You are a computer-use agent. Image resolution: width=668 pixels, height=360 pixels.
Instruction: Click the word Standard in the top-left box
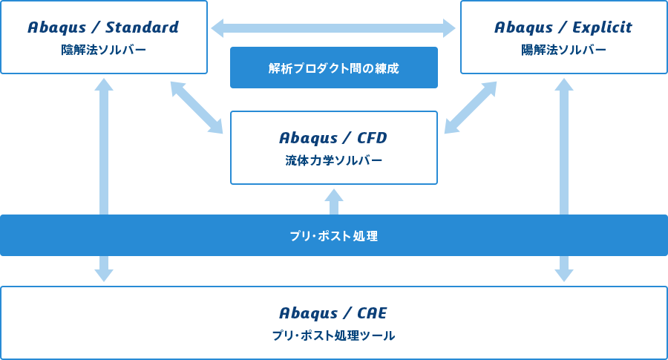point(143,27)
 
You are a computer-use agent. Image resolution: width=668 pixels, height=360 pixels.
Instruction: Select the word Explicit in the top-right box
point(602,27)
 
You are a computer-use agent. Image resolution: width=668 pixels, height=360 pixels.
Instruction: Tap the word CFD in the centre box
point(372,138)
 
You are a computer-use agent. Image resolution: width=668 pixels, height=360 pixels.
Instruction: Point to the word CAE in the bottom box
point(372,313)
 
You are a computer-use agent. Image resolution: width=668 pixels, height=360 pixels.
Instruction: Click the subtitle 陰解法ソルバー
point(103,50)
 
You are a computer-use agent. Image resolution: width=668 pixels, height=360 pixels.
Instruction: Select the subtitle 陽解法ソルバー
point(563,50)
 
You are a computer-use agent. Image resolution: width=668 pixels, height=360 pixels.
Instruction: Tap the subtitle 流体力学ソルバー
point(333,160)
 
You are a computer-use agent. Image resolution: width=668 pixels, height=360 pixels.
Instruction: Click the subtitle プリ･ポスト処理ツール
point(333,336)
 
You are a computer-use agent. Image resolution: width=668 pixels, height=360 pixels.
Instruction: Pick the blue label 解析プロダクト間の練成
point(333,68)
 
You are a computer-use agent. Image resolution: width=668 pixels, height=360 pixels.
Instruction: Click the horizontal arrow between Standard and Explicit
point(333,28)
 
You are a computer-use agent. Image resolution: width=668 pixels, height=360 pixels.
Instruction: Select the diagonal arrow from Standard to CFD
point(197,108)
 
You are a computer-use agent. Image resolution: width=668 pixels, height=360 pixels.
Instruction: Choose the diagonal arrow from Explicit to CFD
point(471,108)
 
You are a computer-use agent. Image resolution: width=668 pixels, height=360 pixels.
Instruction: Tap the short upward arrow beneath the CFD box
point(334,201)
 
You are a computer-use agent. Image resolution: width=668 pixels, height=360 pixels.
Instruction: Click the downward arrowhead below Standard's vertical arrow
point(104,275)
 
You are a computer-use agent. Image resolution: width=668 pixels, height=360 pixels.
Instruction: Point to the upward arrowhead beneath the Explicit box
point(564,85)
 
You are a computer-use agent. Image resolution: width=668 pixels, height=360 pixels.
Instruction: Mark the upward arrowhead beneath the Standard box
point(104,85)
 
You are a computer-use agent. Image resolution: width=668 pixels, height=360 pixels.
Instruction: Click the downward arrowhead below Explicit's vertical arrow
point(564,275)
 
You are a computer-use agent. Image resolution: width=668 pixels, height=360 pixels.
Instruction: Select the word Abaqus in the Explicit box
point(523,28)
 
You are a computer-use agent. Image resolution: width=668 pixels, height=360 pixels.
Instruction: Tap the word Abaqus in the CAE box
point(309,313)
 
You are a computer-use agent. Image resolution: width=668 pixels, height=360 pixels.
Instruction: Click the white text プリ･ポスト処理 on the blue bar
point(333,235)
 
